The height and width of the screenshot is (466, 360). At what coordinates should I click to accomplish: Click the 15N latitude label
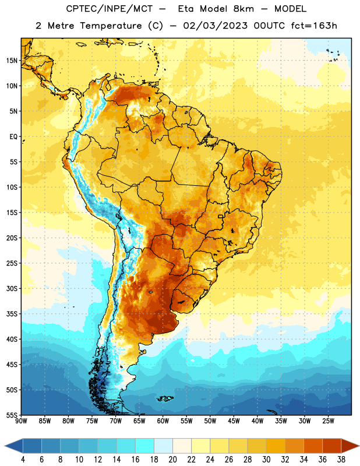pyautogui.click(x=12, y=61)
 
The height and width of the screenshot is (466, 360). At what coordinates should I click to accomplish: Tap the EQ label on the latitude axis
pyautogui.click(x=13, y=137)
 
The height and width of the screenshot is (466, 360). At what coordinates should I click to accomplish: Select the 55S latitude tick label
pyautogui.click(x=12, y=415)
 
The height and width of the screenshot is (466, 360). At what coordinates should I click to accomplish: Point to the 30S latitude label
pyautogui.click(x=12, y=288)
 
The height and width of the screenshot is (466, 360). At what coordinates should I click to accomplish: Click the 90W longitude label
pyautogui.click(x=21, y=421)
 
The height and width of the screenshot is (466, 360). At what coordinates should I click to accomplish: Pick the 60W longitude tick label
pyautogui.click(x=163, y=421)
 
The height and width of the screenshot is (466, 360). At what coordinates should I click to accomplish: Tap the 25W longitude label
pyautogui.click(x=328, y=421)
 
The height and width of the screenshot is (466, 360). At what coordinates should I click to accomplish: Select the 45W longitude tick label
pyautogui.click(x=234, y=421)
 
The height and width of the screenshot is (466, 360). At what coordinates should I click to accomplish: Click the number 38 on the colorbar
pyautogui.click(x=341, y=460)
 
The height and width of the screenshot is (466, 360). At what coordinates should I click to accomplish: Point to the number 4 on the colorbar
pyautogui.click(x=23, y=460)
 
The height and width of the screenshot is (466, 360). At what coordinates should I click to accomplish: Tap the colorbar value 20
pyautogui.click(x=172, y=460)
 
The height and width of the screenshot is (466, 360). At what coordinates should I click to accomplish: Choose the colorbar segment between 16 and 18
pyautogui.click(x=145, y=446)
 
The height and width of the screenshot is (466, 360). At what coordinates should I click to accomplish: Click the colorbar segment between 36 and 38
pyautogui.click(x=332, y=446)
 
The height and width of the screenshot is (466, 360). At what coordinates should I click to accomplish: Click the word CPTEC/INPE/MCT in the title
pyautogui.click(x=109, y=9)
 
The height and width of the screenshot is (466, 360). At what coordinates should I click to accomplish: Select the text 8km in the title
pyautogui.click(x=243, y=9)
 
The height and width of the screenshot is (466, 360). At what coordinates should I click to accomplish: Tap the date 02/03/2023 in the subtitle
pyautogui.click(x=215, y=26)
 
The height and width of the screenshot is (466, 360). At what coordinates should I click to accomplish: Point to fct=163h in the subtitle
pyautogui.click(x=314, y=26)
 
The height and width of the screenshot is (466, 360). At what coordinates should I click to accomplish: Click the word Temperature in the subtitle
pyautogui.click(x=111, y=26)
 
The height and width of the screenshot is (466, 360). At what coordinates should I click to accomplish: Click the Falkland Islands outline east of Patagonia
pyautogui.click(x=165, y=398)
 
